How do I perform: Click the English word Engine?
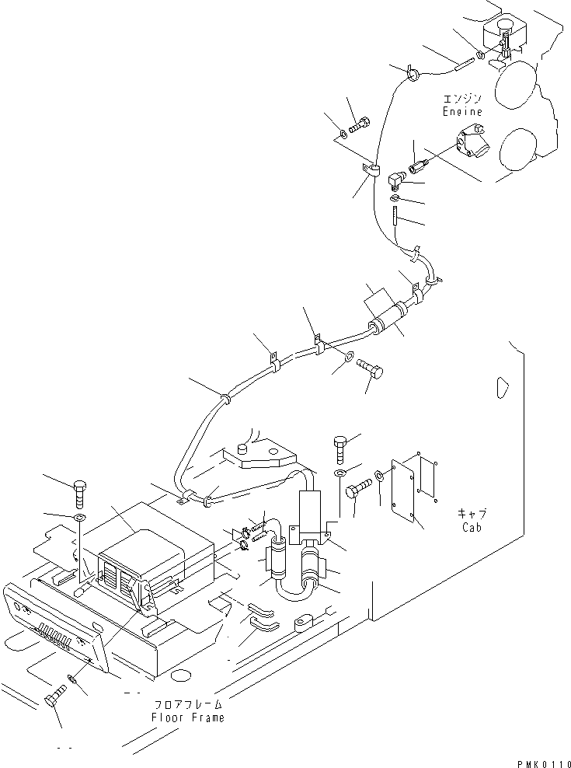[x=463, y=112]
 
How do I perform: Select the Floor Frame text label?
[x=188, y=717]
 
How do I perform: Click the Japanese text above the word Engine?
[x=463, y=99]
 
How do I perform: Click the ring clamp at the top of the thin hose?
[x=413, y=75]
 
